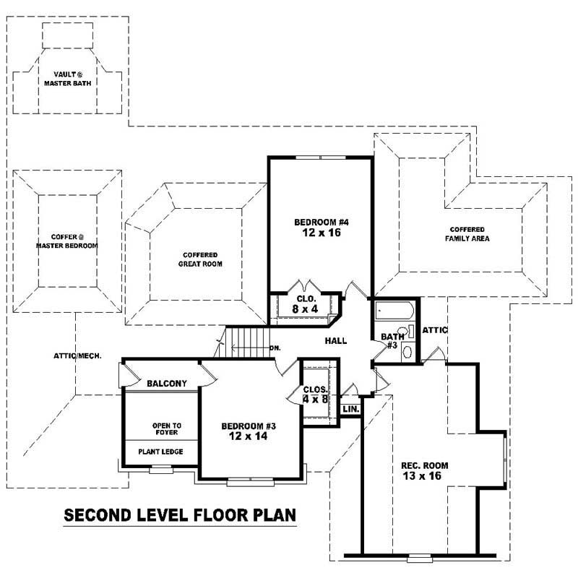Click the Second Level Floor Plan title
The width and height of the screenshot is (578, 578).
[x=180, y=516]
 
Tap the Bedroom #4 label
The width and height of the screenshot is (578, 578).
[x=322, y=222]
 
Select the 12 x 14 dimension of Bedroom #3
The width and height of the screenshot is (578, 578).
[x=249, y=437]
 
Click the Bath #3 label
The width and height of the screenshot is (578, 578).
[x=392, y=340]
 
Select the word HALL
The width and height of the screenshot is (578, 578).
[x=335, y=340]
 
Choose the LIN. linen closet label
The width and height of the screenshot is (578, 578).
[x=350, y=409]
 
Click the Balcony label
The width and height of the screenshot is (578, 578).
[x=167, y=383]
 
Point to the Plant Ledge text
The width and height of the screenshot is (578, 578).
[x=160, y=452]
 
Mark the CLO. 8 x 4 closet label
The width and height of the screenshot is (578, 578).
[x=304, y=303]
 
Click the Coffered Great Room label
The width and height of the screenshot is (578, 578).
[x=201, y=259]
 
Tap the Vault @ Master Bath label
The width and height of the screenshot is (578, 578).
[x=69, y=78]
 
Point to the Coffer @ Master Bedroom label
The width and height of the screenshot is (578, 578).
[x=67, y=241]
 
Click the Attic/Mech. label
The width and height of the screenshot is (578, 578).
[x=77, y=355]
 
